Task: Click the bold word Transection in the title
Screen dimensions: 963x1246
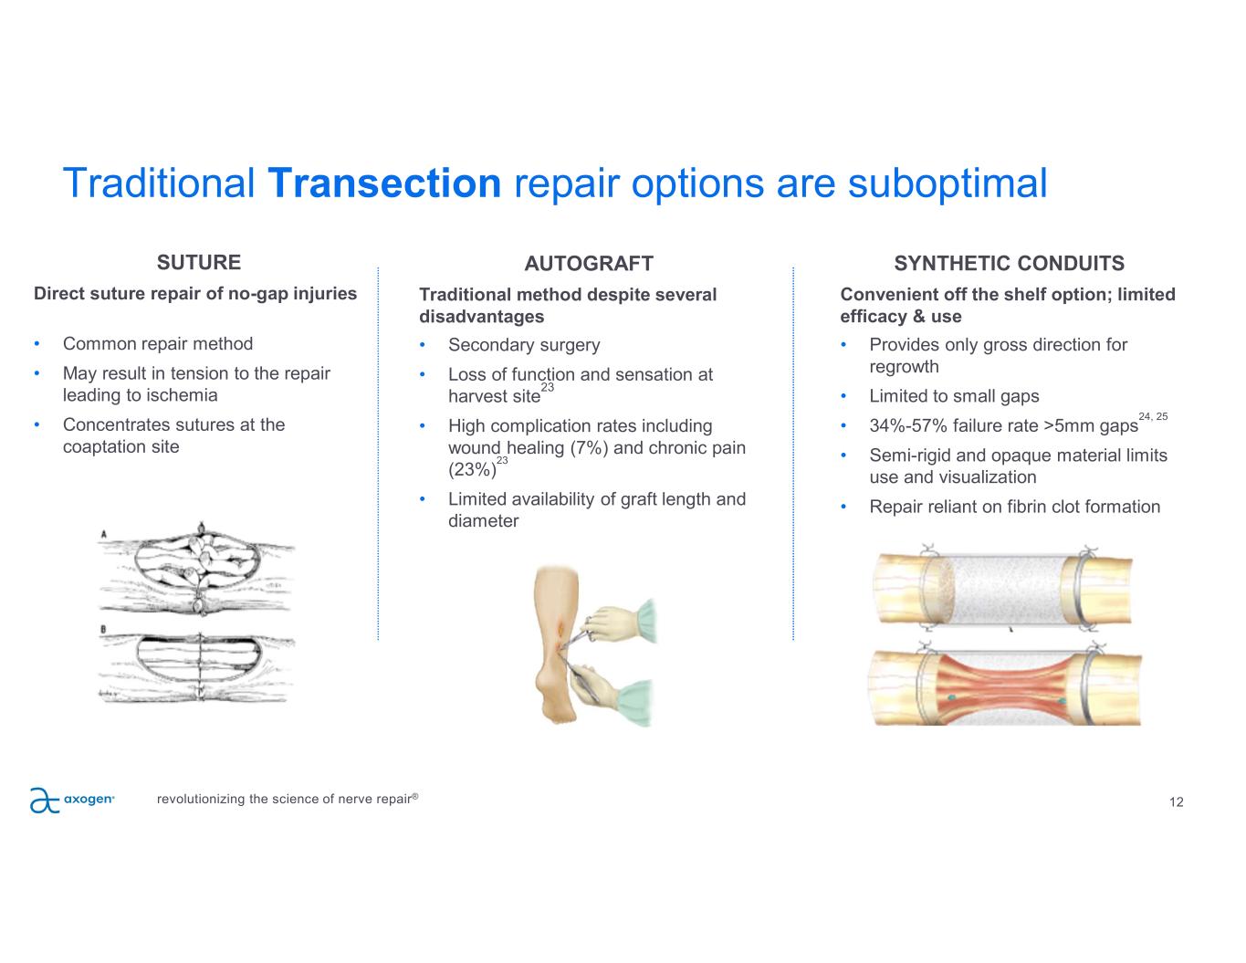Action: click(385, 183)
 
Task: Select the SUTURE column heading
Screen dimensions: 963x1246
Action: click(199, 263)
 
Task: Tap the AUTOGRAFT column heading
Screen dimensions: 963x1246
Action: click(589, 264)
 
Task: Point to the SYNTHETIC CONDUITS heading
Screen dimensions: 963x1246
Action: click(1009, 264)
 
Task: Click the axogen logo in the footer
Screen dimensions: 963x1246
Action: click(72, 800)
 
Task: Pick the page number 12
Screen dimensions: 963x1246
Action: click(1176, 802)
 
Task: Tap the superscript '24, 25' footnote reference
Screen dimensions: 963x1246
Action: click(1153, 416)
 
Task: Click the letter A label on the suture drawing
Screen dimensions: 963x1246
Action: click(103, 534)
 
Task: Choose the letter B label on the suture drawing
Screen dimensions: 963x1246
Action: click(103, 629)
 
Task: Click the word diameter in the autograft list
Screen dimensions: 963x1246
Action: click(483, 521)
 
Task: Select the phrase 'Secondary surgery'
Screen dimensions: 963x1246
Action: click(524, 345)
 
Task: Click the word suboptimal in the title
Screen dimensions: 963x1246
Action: click(947, 183)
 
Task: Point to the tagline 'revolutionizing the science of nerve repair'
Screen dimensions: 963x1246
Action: click(287, 800)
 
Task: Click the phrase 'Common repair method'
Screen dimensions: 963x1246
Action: click(158, 344)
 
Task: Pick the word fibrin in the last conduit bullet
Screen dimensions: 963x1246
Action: click(1028, 507)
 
